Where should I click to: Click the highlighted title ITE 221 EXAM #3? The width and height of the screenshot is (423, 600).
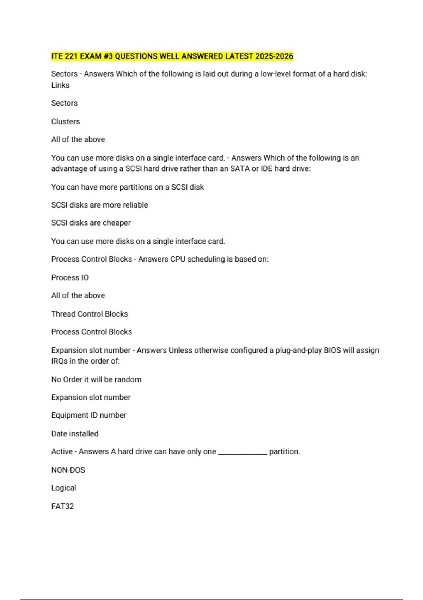[172, 56]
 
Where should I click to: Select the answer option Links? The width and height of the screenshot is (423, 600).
[60, 85]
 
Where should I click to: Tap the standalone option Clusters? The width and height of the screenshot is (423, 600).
[66, 121]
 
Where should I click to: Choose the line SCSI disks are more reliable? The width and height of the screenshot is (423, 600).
[99, 205]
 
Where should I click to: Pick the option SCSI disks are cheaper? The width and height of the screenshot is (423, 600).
[91, 223]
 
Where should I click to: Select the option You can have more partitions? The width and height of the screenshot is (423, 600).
[127, 187]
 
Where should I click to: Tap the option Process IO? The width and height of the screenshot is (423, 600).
[70, 278]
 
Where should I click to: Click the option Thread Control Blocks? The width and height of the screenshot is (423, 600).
[90, 314]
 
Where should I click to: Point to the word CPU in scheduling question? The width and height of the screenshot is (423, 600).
[178, 259]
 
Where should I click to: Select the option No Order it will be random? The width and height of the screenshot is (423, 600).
[96, 380]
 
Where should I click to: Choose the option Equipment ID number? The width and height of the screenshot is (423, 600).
[88, 415]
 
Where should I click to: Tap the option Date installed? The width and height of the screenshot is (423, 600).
[75, 434]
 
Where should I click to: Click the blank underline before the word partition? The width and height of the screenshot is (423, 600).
[243, 453]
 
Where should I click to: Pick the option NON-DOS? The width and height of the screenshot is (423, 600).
[68, 470]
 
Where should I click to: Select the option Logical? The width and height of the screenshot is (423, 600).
[63, 488]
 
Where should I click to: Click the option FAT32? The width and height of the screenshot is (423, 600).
[62, 506]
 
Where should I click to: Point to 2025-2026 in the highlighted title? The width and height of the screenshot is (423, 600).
[274, 56]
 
